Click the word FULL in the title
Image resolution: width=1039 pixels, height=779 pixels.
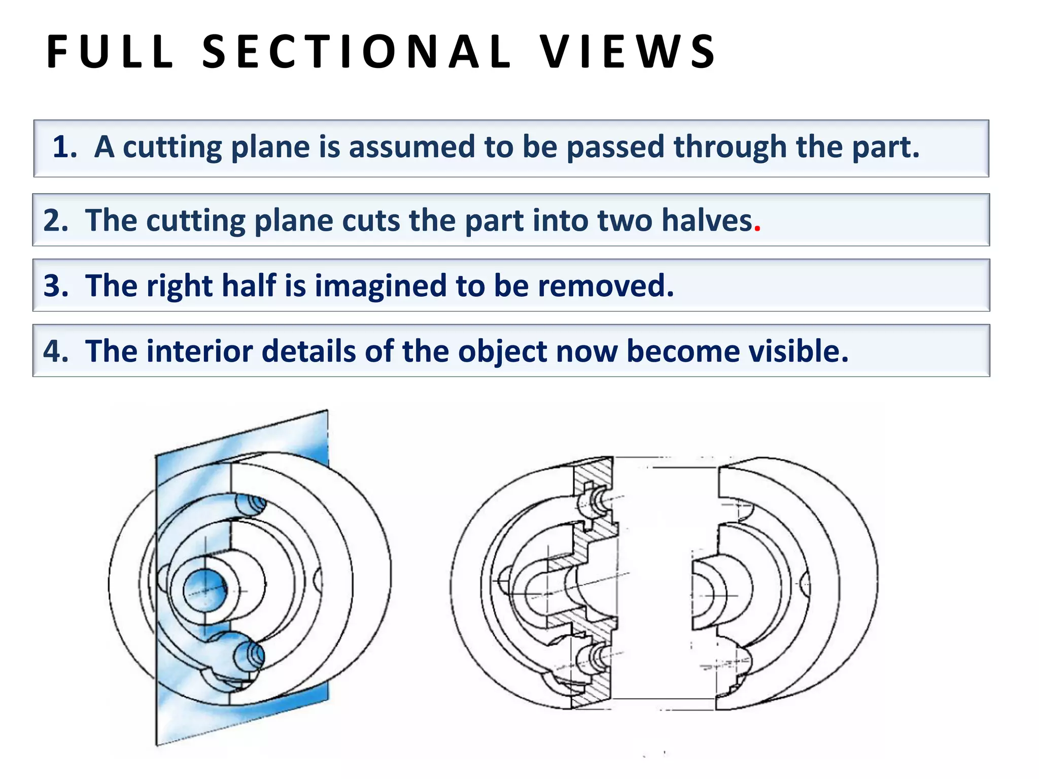(110, 52)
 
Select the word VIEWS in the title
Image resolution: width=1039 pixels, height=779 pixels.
(628, 52)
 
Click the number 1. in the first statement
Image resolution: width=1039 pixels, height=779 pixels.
(65, 147)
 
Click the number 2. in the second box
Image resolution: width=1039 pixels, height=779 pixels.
(56, 221)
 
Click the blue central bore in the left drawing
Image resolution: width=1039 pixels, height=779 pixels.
(205, 590)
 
